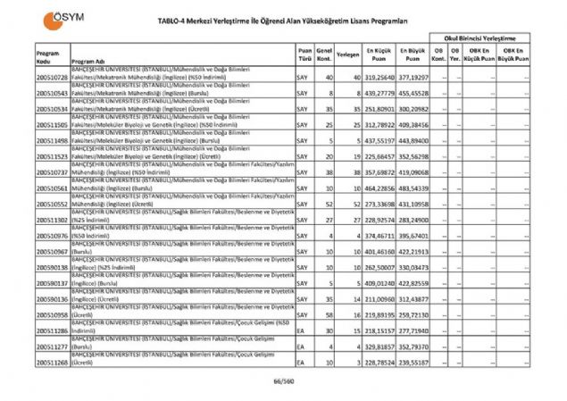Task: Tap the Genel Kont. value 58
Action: (329, 316)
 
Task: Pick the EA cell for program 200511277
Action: (302, 347)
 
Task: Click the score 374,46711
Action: (379, 236)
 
